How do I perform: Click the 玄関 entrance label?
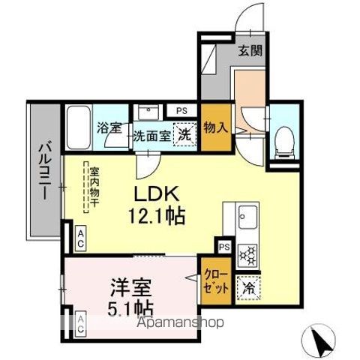click(x=250, y=51)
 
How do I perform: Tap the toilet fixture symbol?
click(x=284, y=140)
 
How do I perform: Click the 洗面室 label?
click(x=152, y=136)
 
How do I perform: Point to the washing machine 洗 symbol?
click(x=183, y=136)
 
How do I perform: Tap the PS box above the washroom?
click(x=181, y=110)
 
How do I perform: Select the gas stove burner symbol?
click(x=247, y=255)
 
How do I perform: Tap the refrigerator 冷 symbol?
click(x=247, y=286)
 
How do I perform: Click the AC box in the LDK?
click(x=80, y=238)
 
